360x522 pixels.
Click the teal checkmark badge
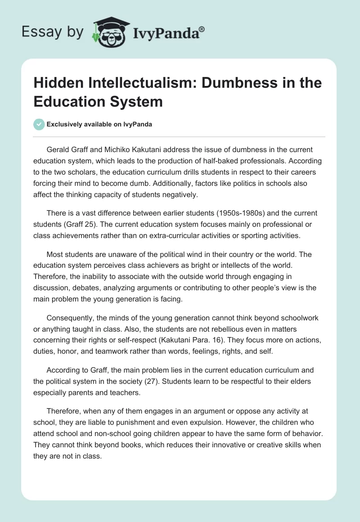(40, 124)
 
